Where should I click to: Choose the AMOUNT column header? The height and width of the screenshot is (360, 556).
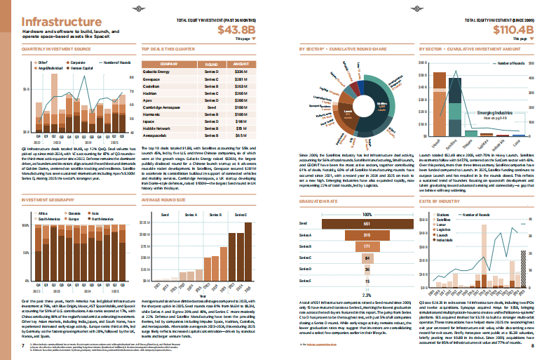(x=242, y=63)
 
